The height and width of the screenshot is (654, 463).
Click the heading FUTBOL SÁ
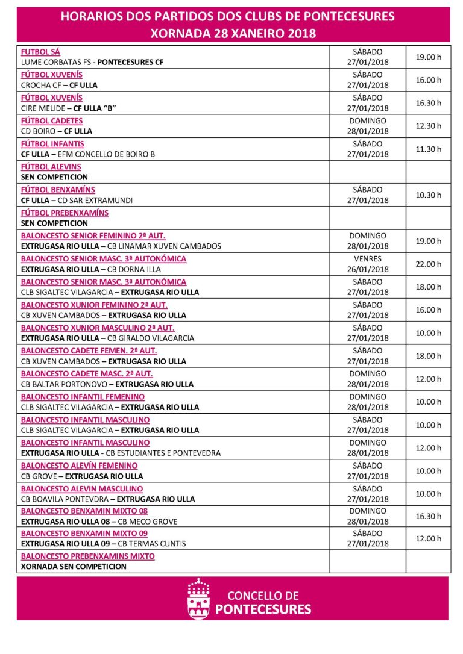pos(40,52)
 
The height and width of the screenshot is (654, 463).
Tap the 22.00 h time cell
pos(428,264)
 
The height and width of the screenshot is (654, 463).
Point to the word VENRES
pos(367,259)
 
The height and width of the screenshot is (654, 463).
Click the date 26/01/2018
pos(368,269)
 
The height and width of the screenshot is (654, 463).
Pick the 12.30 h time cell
pos(428,126)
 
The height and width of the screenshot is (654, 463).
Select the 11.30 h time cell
pos(428,149)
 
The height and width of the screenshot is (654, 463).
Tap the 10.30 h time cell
pos(428,195)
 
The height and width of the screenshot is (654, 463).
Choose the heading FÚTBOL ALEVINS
pos(51,167)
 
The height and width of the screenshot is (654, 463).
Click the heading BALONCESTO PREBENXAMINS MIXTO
pos(87,556)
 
